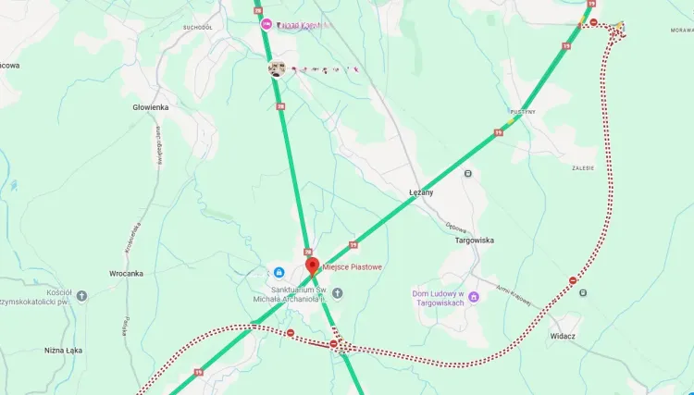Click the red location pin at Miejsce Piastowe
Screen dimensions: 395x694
click(x=312, y=266)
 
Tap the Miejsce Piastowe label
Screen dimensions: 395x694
click(x=352, y=267)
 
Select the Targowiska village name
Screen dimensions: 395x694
click(x=475, y=240)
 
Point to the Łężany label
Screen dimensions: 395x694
click(x=421, y=192)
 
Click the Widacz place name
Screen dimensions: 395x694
click(x=563, y=336)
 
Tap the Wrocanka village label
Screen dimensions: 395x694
click(x=126, y=274)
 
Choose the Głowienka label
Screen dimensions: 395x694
click(x=151, y=107)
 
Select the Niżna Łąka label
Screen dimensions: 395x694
click(x=65, y=351)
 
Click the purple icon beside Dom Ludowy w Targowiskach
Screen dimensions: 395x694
click(x=474, y=297)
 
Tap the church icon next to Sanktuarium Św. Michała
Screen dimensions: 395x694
click(x=337, y=293)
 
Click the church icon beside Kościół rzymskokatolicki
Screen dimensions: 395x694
click(x=81, y=296)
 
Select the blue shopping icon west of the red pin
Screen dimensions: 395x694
click(x=278, y=272)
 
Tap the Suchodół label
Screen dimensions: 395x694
click(x=198, y=28)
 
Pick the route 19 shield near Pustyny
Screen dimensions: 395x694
click(x=499, y=133)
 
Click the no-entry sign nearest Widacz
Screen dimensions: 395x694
click(x=573, y=279)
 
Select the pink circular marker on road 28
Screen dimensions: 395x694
click(x=267, y=23)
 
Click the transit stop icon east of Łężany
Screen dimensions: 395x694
click(x=468, y=173)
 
